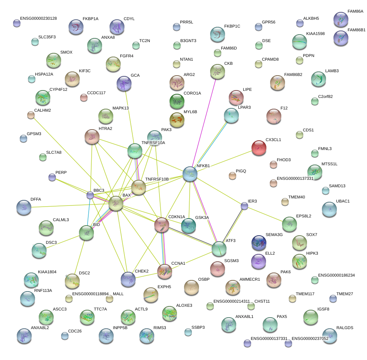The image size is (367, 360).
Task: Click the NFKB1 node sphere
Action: (190, 174)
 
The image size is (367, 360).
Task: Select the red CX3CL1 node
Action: (259, 148)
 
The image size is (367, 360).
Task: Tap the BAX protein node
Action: (116, 203)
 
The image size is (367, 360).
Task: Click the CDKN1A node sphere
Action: (162, 225)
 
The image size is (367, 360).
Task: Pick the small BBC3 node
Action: (90, 195)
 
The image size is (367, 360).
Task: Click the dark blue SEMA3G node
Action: (259, 243)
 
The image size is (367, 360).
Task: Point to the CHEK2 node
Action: (128, 279)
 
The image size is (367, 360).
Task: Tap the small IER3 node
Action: (244, 206)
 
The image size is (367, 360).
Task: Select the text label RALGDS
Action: (345, 328)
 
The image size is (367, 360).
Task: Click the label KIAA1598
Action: (315, 34)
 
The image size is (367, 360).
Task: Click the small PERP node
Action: (52, 177)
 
